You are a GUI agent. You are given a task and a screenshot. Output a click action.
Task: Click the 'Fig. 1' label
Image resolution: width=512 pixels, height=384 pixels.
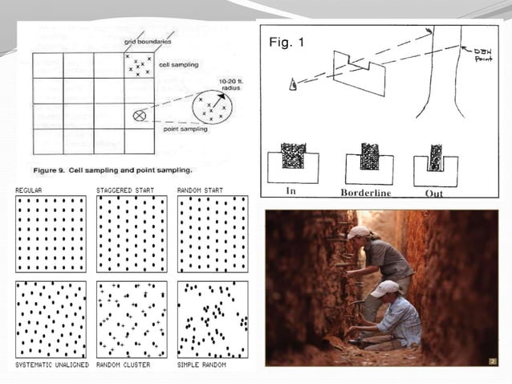(286, 43)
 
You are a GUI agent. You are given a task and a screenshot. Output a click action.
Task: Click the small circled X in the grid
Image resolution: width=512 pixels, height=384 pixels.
(140, 116)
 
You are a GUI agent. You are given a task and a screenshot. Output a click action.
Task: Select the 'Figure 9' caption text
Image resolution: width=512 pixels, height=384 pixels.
(112, 170)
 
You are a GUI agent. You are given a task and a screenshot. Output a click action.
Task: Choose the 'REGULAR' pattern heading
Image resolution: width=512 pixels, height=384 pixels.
(29, 190)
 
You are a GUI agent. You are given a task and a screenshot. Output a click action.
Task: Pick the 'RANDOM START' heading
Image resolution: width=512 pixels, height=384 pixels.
(201, 190)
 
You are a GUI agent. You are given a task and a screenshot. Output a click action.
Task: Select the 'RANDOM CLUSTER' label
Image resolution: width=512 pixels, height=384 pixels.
(122, 365)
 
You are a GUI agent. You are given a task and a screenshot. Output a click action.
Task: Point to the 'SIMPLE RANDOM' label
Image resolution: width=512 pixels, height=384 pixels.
(201, 365)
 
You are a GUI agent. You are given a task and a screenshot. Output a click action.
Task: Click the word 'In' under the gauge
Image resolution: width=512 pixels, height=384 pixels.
(291, 192)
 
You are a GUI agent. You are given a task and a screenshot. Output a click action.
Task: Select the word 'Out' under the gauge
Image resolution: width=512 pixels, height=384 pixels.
(435, 193)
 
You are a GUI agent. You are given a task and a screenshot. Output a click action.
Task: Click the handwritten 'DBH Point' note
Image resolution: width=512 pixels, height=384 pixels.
(482, 54)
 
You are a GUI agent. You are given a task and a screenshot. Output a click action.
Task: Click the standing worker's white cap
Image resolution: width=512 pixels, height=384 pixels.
(359, 232)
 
